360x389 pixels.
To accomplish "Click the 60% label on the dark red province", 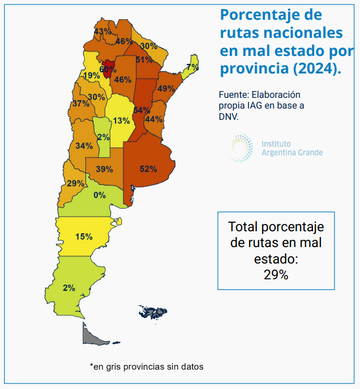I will [108, 69].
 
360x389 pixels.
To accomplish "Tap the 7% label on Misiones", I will [192, 67].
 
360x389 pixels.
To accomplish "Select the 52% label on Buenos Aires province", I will [148, 168].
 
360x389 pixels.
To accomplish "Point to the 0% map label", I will [100, 195].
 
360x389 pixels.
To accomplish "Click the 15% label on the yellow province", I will [84, 236].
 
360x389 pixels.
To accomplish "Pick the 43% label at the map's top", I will [102, 31].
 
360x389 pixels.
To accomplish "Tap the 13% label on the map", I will [121, 120].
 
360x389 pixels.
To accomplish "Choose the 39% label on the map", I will [104, 168].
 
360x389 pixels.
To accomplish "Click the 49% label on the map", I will [166, 88].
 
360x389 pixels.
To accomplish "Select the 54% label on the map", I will [142, 110].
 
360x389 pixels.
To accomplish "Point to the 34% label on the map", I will [84, 145].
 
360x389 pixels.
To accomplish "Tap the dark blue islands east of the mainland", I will [153, 312].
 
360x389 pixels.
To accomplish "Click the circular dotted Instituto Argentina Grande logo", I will [242, 148].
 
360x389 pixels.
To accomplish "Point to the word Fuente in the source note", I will [234, 94].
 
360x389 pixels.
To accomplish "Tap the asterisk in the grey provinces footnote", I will [91, 366].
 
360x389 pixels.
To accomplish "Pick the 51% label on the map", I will [144, 59].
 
